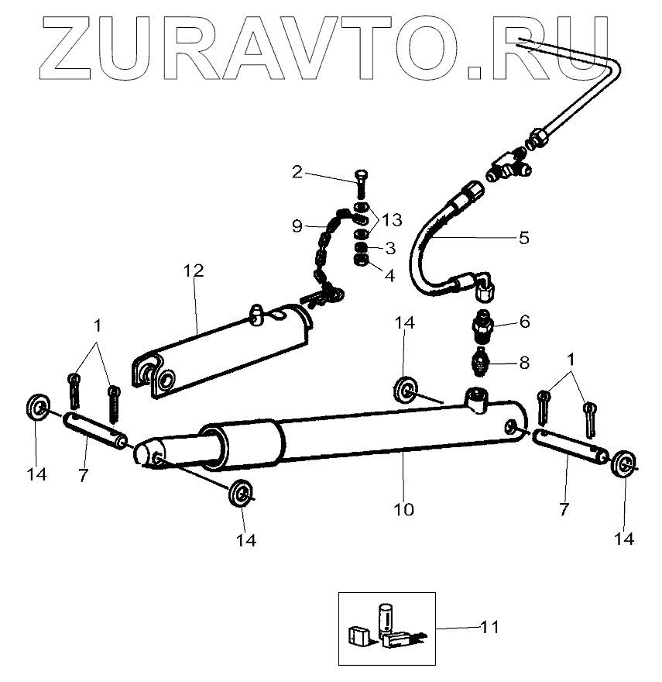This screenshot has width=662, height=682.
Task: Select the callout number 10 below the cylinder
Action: click(x=404, y=509)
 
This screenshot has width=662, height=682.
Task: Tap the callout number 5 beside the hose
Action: click(x=524, y=238)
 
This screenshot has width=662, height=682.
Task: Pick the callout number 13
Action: click(x=392, y=220)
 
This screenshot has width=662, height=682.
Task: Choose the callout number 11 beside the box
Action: click(x=490, y=625)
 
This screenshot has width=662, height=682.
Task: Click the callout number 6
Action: click(x=524, y=321)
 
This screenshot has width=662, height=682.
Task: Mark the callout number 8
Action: click(x=524, y=362)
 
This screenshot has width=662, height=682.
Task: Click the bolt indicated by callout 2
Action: click(x=363, y=186)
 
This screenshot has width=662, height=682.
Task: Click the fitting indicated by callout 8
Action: click(x=481, y=361)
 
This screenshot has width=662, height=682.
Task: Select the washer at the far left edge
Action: click(x=37, y=406)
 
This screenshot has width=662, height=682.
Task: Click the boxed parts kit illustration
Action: click(x=386, y=628)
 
